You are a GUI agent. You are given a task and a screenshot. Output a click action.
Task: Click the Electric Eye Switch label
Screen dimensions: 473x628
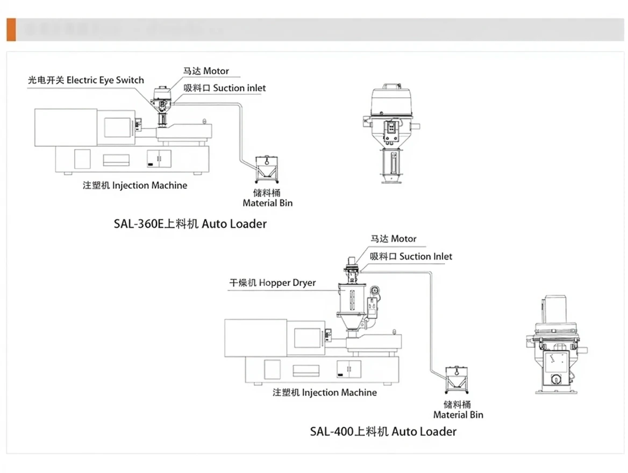(x=86, y=80)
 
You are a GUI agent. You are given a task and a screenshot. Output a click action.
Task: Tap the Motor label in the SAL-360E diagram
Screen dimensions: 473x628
(x=206, y=71)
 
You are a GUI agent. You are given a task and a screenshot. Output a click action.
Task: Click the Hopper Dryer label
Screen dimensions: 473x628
(x=272, y=283)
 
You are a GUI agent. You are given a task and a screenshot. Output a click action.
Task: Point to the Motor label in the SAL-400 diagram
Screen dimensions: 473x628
(x=393, y=239)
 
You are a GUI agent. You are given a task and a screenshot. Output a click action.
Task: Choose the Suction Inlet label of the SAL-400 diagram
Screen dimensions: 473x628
(x=411, y=256)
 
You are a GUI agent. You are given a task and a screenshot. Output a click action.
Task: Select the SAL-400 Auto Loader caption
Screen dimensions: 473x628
(x=383, y=431)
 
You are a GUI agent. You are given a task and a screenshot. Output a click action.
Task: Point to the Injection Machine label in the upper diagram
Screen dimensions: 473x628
(x=135, y=185)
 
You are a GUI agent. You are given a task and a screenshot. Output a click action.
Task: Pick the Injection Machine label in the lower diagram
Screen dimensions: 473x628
(x=325, y=392)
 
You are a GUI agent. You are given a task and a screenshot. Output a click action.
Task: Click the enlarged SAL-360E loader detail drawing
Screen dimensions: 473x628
(x=391, y=133)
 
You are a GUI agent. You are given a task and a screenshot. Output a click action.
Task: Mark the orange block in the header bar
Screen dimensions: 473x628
(x=11, y=30)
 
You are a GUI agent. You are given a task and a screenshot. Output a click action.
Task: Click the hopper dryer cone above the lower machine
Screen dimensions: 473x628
(x=353, y=321)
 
